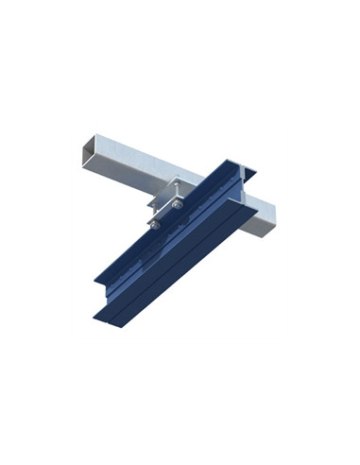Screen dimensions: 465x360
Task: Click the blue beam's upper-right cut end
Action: [x=238, y=172]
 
